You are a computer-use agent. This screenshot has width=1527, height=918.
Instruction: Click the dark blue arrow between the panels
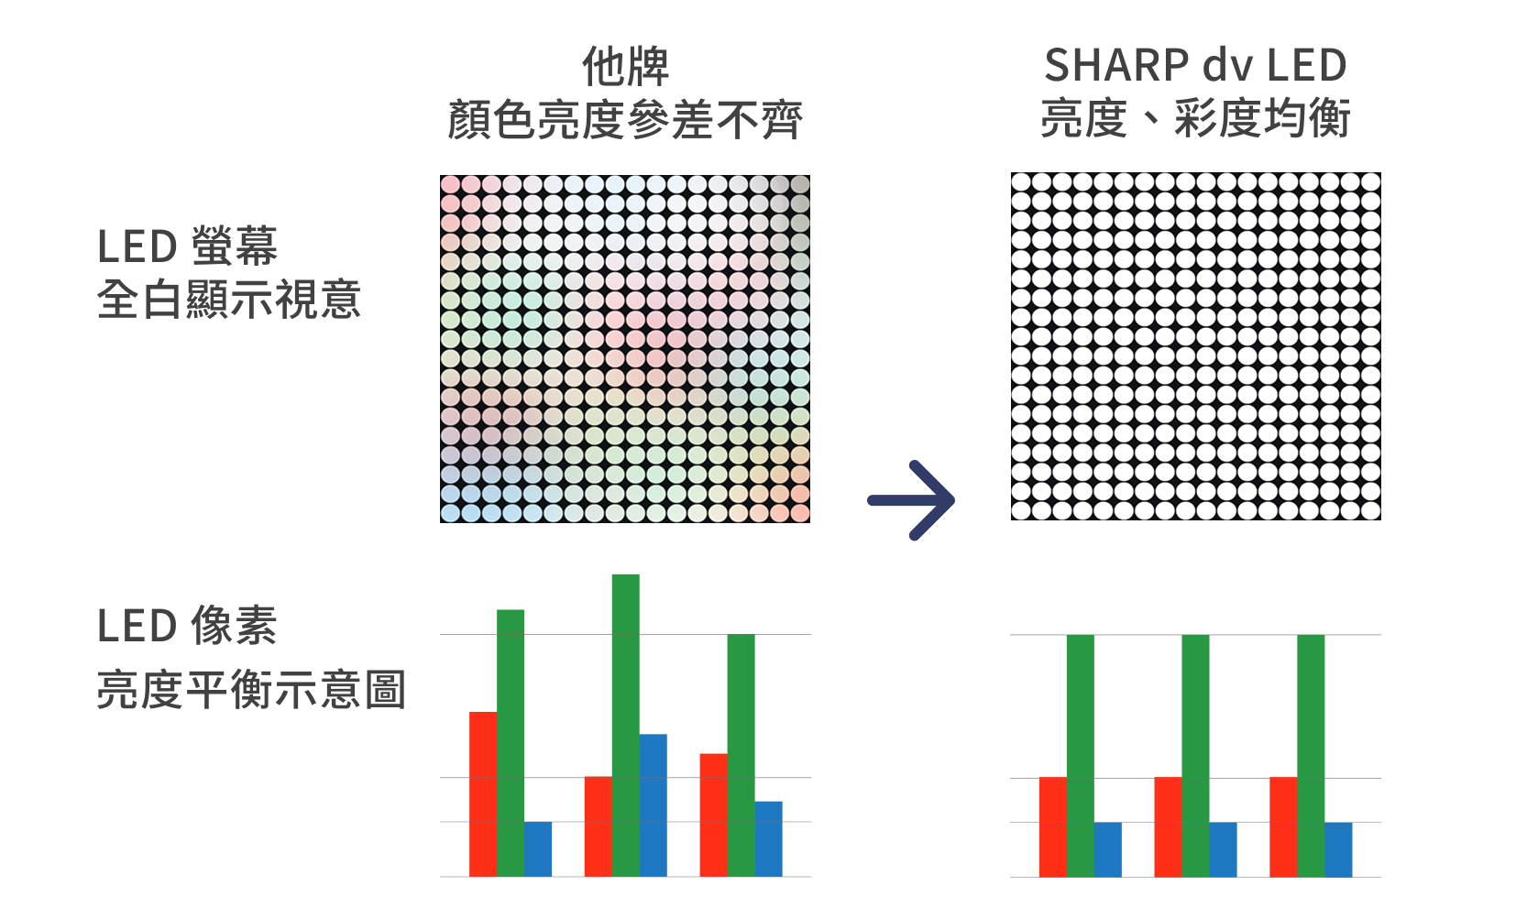(911, 501)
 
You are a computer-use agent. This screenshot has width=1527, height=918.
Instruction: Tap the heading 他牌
(625, 67)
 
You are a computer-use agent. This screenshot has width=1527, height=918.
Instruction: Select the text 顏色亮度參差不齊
(625, 120)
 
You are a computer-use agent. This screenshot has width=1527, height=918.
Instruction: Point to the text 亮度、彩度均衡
(1196, 118)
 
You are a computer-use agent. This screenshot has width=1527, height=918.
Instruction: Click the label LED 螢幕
(188, 246)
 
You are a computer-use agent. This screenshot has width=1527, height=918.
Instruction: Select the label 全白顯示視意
(228, 299)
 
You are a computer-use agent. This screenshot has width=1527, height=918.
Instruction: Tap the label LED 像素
(187, 625)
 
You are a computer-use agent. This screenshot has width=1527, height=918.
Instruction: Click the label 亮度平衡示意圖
(251, 689)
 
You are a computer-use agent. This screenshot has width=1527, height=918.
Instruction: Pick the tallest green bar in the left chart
(626, 725)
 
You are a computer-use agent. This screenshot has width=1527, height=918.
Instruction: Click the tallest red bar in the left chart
(483, 794)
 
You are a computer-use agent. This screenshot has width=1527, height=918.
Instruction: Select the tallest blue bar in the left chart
(654, 805)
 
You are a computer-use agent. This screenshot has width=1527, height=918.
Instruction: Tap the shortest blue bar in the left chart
(538, 849)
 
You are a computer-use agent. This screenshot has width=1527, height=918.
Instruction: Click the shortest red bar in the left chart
(599, 826)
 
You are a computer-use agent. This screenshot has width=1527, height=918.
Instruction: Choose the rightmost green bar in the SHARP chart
(1311, 756)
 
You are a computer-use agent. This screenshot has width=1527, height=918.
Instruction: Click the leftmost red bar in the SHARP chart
(1053, 826)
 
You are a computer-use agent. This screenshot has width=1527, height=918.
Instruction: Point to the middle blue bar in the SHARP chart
(1223, 849)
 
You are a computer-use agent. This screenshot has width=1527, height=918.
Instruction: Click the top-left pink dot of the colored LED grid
(450, 185)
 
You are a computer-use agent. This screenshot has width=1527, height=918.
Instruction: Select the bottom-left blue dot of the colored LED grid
(450, 513)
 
